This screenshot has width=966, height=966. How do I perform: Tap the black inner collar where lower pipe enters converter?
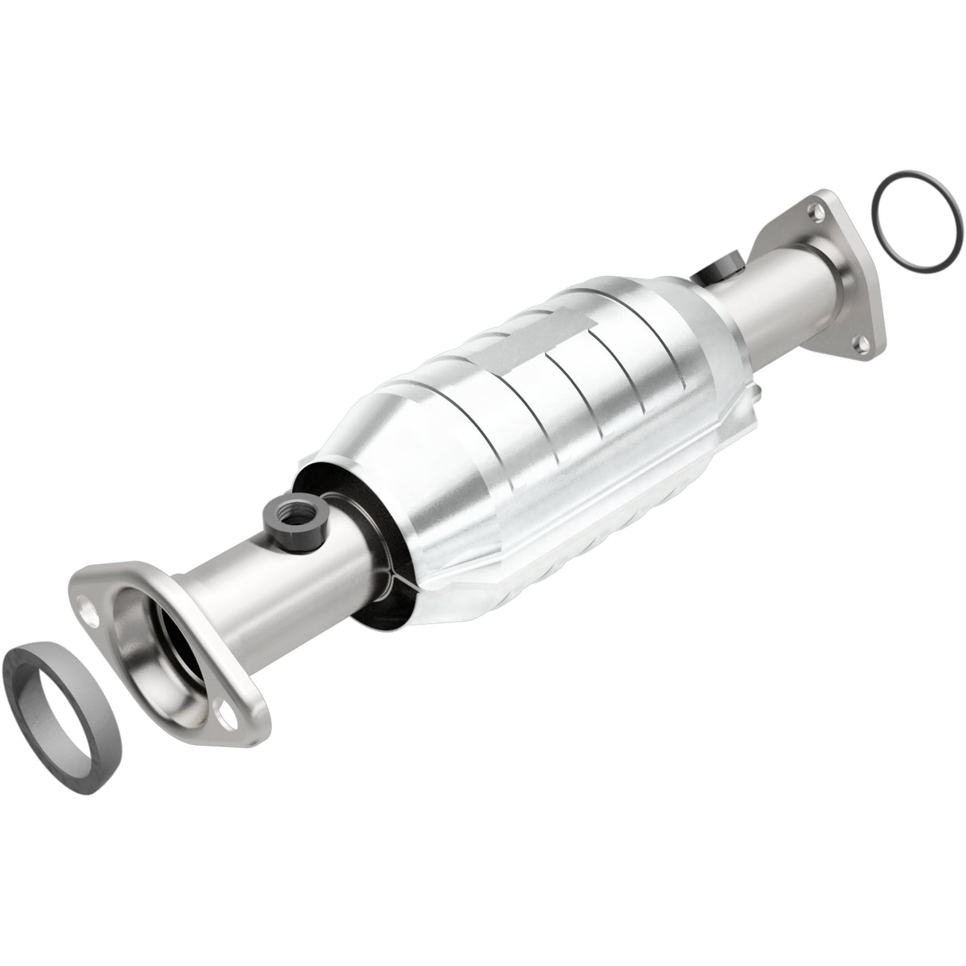pos(374,541)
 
